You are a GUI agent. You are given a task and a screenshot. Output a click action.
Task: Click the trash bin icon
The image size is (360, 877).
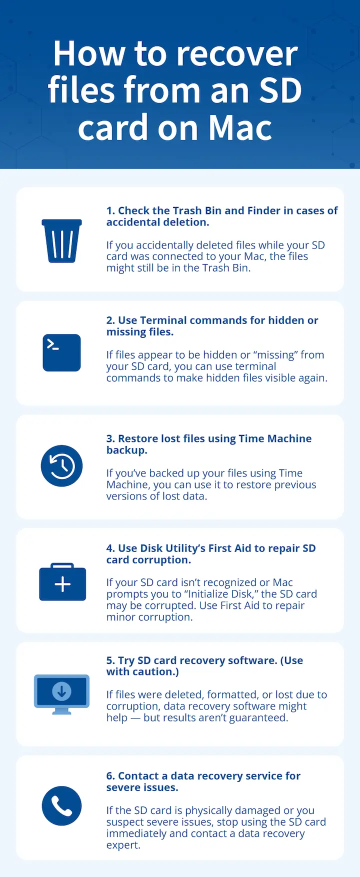tap(61, 240)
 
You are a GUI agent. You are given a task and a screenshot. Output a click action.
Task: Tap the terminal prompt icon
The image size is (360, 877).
tap(61, 352)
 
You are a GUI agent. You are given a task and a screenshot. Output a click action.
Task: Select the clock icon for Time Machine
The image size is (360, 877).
tap(61, 466)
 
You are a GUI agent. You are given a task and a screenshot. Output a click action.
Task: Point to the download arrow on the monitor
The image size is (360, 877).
tap(61, 691)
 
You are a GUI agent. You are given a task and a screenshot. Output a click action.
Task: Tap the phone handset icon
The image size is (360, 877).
tap(61, 805)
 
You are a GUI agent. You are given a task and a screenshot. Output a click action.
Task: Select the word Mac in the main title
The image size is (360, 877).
tap(240, 128)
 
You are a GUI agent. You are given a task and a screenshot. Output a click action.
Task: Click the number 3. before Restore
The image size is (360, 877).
tap(110, 438)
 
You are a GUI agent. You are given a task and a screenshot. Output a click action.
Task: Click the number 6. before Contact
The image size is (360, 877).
tap(110, 776)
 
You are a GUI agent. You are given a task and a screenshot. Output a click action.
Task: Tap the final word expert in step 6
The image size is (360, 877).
tap(122, 845)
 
